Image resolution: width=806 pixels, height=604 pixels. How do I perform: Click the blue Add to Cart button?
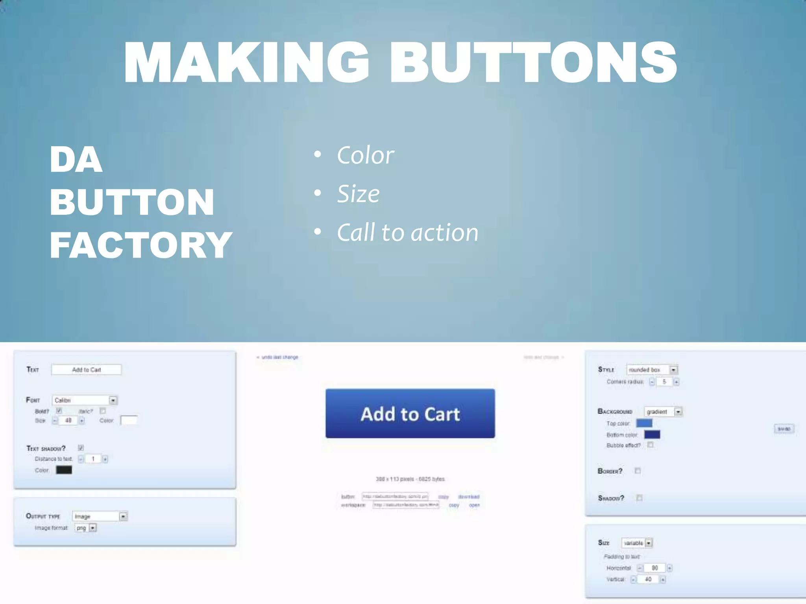pyautogui.click(x=410, y=413)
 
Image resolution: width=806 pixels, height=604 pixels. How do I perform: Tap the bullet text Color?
pyautogui.click(x=365, y=155)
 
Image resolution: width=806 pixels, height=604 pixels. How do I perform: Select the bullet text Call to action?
pyautogui.click(x=407, y=232)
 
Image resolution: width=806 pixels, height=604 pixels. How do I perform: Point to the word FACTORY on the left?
pyautogui.click(x=141, y=245)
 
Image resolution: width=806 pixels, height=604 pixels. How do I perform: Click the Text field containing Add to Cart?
pyautogui.click(x=86, y=370)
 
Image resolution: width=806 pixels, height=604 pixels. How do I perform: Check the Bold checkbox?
pyautogui.click(x=59, y=411)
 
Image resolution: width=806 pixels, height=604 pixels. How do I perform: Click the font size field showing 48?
pyautogui.click(x=68, y=421)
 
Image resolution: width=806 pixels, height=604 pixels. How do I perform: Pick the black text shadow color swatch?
pyautogui.click(x=64, y=470)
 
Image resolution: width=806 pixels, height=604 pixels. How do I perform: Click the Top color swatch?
pyautogui.click(x=644, y=423)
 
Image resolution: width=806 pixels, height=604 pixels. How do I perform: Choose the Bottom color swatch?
pyautogui.click(x=652, y=435)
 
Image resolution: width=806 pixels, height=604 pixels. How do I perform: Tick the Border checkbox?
pyautogui.click(x=638, y=471)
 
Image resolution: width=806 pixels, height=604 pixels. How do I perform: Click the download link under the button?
pyautogui.click(x=469, y=497)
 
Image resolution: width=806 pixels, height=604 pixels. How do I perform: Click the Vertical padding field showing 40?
pyautogui.click(x=648, y=579)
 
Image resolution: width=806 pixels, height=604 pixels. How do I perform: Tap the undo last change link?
pyautogui.click(x=279, y=357)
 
